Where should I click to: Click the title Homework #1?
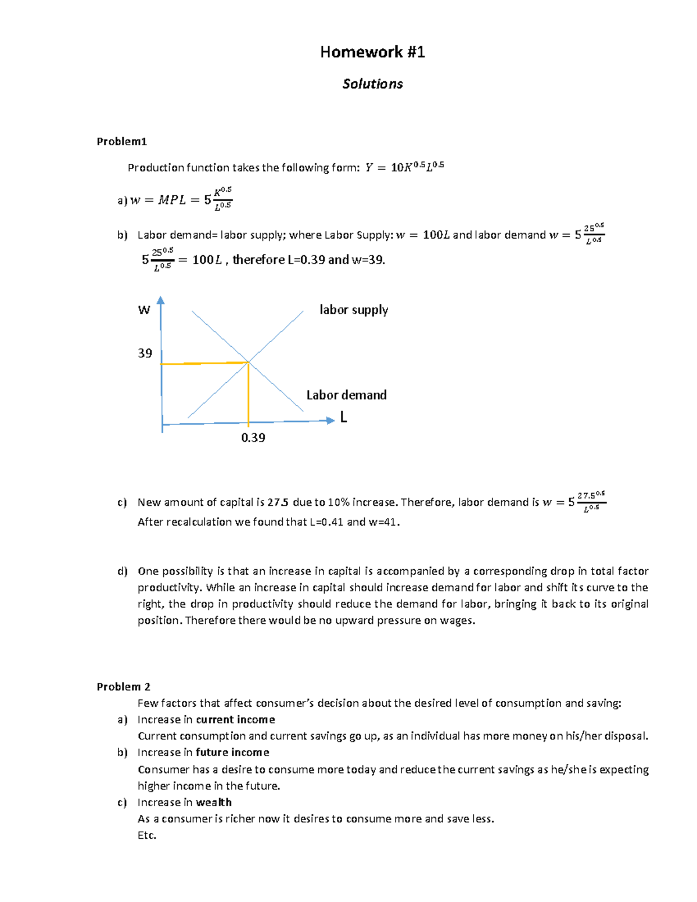pyautogui.click(x=372, y=52)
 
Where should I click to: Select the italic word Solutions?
pyautogui.click(x=372, y=84)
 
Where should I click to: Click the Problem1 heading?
pyautogui.click(x=121, y=141)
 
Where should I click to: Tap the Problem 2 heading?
pyautogui.click(x=123, y=687)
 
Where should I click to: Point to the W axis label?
pyautogui.click(x=144, y=310)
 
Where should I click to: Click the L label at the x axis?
pyautogui.click(x=344, y=417)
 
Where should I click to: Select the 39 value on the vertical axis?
pyautogui.click(x=145, y=353)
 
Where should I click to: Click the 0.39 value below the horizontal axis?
pyautogui.click(x=253, y=438)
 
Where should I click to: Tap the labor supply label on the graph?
pyautogui.click(x=353, y=310)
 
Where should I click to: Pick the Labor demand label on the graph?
pyautogui.click(x=346, y=395)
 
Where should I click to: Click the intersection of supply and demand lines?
pyautogui.click(x=249, y=362)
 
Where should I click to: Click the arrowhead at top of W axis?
pyautogui.click(x=161, y=300)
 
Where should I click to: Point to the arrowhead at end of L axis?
pyautogui.click(x=330, y=420)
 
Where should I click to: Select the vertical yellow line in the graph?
pyautogui.click(x=249, y=395)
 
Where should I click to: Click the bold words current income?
pyautogui.click(x=235, y=720)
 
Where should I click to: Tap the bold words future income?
pyautogui.click(x=232, y=753)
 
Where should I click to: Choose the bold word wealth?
pyautogui.click(x=214, y=803)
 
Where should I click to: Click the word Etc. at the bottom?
pyautogui.click(x=147, y=835)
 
